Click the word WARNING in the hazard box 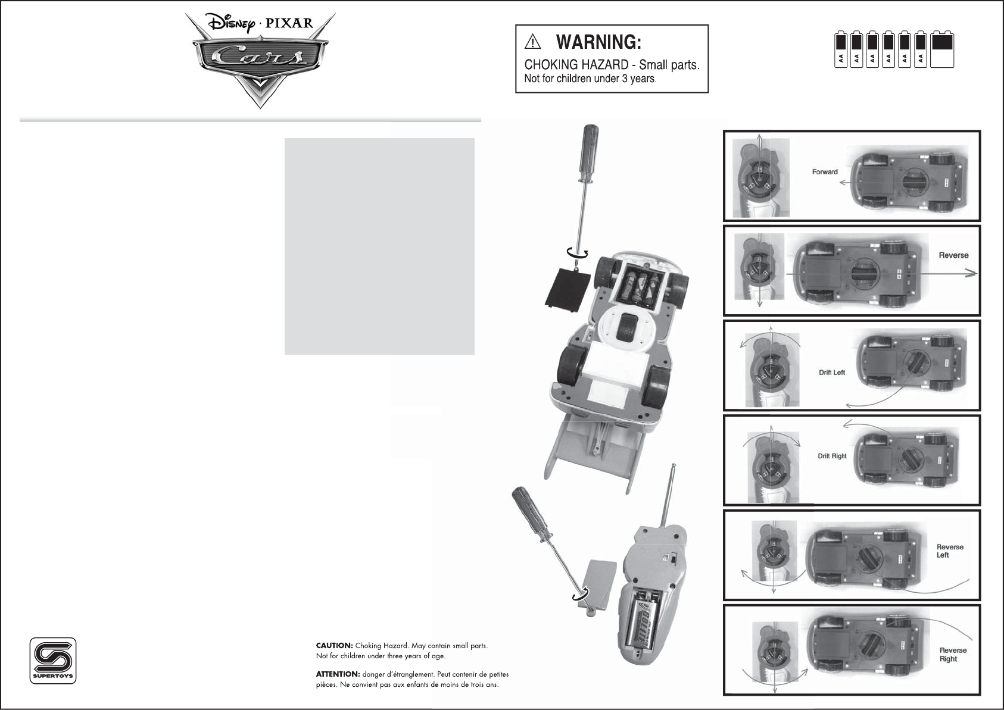[598, 42]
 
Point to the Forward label [825, 172]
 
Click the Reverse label [953, 255]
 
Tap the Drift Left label [832, 373]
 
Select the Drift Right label [832, 456]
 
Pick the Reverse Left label [950, 551]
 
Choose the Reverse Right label [953, 655]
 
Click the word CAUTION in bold [334, 646]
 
